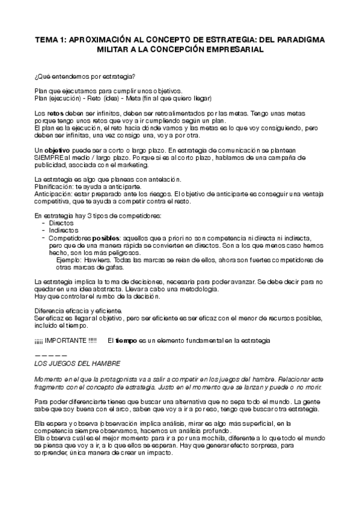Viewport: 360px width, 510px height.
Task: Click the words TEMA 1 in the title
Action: point(49,40)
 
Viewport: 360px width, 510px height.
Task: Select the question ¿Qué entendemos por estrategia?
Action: point(84,76)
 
